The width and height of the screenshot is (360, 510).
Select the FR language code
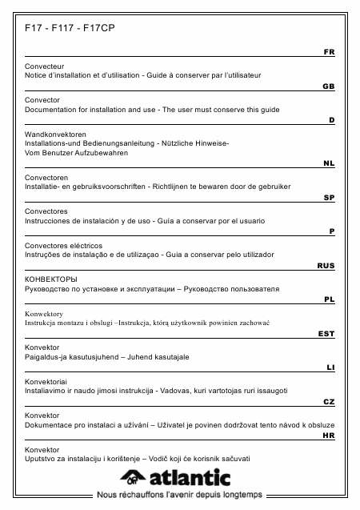329,51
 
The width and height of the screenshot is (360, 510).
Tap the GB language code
329,85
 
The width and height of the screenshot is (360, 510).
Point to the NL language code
329,163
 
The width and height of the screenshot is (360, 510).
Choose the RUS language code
326,265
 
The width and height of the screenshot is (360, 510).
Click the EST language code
326,333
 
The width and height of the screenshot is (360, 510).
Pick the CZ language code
329,400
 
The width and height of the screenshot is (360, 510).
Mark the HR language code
329,436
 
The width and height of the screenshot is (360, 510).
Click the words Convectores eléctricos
64,245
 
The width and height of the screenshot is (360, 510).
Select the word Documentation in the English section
55,109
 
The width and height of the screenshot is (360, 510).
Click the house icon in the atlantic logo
133,479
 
